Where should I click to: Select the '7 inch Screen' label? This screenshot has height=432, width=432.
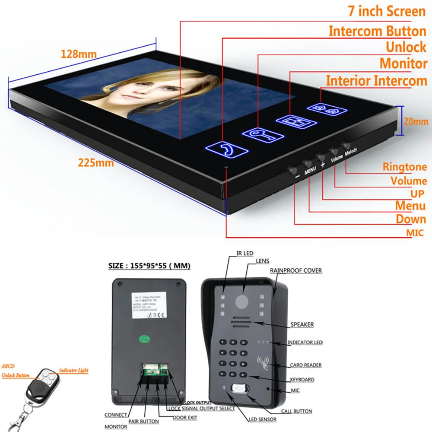click(x=387, y=11)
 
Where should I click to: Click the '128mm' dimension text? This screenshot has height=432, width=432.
click(x=79, y=55)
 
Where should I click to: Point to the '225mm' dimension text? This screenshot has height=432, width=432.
click(x=96, y=163)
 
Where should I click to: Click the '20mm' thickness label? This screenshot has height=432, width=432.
click(x=416, y=122)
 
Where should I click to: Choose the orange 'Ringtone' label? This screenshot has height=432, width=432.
click(x=404, y=167)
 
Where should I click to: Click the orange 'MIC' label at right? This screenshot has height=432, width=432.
click(x=415, y=234)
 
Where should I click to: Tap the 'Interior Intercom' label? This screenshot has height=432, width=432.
click(x=376, y=81)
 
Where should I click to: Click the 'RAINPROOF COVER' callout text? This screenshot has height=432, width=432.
click(x=296, y=270)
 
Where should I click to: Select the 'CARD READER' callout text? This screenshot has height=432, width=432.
click(x=305, y=365)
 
